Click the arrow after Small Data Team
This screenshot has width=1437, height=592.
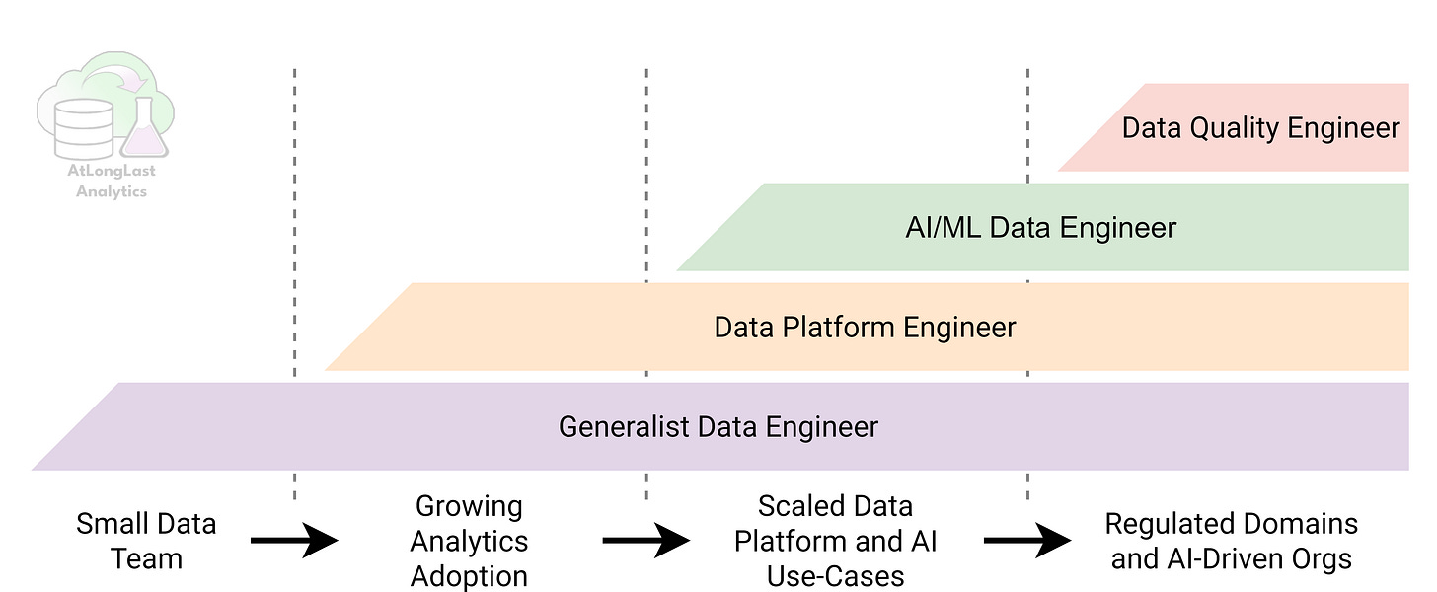click(294, 541)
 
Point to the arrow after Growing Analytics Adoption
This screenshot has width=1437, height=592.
click(645, 541)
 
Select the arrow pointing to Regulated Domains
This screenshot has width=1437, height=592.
click(1026, 541)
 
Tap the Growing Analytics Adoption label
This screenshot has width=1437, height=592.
click(469, 541)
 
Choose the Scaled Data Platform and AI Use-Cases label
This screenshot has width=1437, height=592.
click(835, 541)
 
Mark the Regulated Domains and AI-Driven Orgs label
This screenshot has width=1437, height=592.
click(1231, 541)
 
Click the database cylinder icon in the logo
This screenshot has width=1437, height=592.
click(83, 128)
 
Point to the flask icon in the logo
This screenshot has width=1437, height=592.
click(145, 130)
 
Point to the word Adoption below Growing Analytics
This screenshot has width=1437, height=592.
click(469, 575)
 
